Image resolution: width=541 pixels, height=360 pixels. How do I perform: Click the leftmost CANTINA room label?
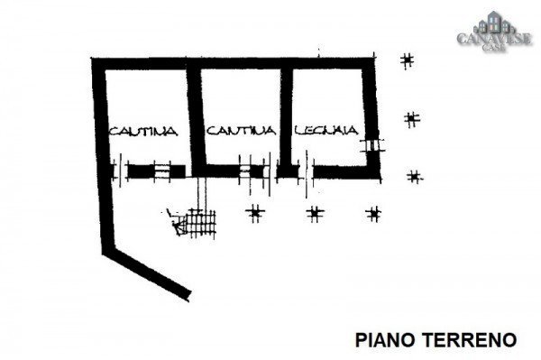(x=142, y=132)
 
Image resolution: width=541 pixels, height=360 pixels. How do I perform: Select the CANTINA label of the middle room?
(x=239, y=132)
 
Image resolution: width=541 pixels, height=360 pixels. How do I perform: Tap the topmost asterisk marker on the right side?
(x=408, y=61)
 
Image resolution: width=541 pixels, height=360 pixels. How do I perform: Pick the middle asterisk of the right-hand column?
(x=412, y=118)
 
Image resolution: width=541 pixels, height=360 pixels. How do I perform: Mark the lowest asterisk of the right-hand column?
(x=415, y=177)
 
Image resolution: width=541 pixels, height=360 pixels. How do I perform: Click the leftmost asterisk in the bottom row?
(x=256, y=213)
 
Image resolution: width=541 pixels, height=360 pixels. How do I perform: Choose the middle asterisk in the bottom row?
(x=315, y=214)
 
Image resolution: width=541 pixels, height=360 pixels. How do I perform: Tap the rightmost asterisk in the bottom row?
(x=372, y=214)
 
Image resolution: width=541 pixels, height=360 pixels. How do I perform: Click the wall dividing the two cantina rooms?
(x=193, y=117)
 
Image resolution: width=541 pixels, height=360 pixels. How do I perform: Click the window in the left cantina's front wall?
(x=162, y=171)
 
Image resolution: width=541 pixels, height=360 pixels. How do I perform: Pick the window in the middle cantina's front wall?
(x=245, y=170)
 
